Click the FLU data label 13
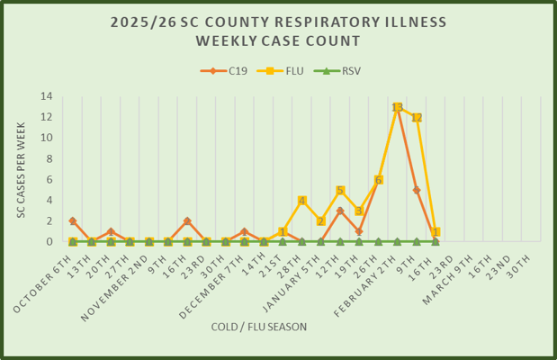point(397,107)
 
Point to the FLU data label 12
point(416,118)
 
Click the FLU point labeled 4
point(301,201)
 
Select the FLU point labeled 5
point(339,190)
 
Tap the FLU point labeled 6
point(378,180)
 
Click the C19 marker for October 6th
point(73,220)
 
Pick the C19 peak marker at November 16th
point(187,220)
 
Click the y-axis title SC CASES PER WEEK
point(21,169)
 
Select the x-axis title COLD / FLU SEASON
point(259,326)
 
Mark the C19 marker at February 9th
point(416,190)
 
